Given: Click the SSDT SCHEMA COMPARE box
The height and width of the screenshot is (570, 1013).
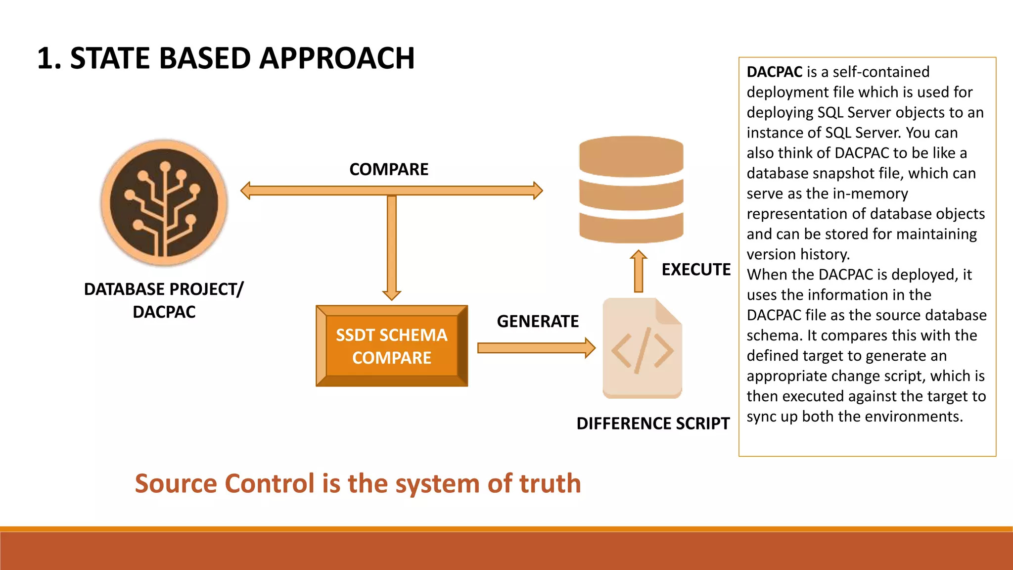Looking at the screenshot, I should click(392, 346).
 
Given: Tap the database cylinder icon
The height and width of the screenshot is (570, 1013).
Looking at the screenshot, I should click(631, 190).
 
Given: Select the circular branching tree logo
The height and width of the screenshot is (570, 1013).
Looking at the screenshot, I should click(164, 203).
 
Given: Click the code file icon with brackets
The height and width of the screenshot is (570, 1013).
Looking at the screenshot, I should click(642, 348).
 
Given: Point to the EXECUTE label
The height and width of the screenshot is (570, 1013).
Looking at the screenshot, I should click(696, 270).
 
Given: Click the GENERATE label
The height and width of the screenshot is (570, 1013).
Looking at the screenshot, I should click(538, 322).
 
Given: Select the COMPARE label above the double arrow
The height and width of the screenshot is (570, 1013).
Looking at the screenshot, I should click(389, 170).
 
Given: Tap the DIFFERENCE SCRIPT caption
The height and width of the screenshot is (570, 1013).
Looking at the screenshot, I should click(653, 424).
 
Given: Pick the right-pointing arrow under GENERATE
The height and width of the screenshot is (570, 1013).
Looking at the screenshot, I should click(536, 348).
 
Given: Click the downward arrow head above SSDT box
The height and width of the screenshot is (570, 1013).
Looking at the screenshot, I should click(392, 294).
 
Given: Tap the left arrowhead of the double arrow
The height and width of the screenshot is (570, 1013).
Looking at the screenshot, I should click(246, 190).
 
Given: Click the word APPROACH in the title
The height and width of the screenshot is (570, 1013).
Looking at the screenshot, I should click(337, 58).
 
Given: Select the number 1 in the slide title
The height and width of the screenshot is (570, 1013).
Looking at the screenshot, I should click(46, 58).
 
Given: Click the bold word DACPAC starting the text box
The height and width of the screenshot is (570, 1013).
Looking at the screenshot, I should click(775, 72).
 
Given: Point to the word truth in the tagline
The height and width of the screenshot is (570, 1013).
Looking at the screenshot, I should click(550, 483).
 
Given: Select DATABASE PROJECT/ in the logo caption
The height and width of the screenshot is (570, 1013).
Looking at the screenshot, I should click(164, 289).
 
